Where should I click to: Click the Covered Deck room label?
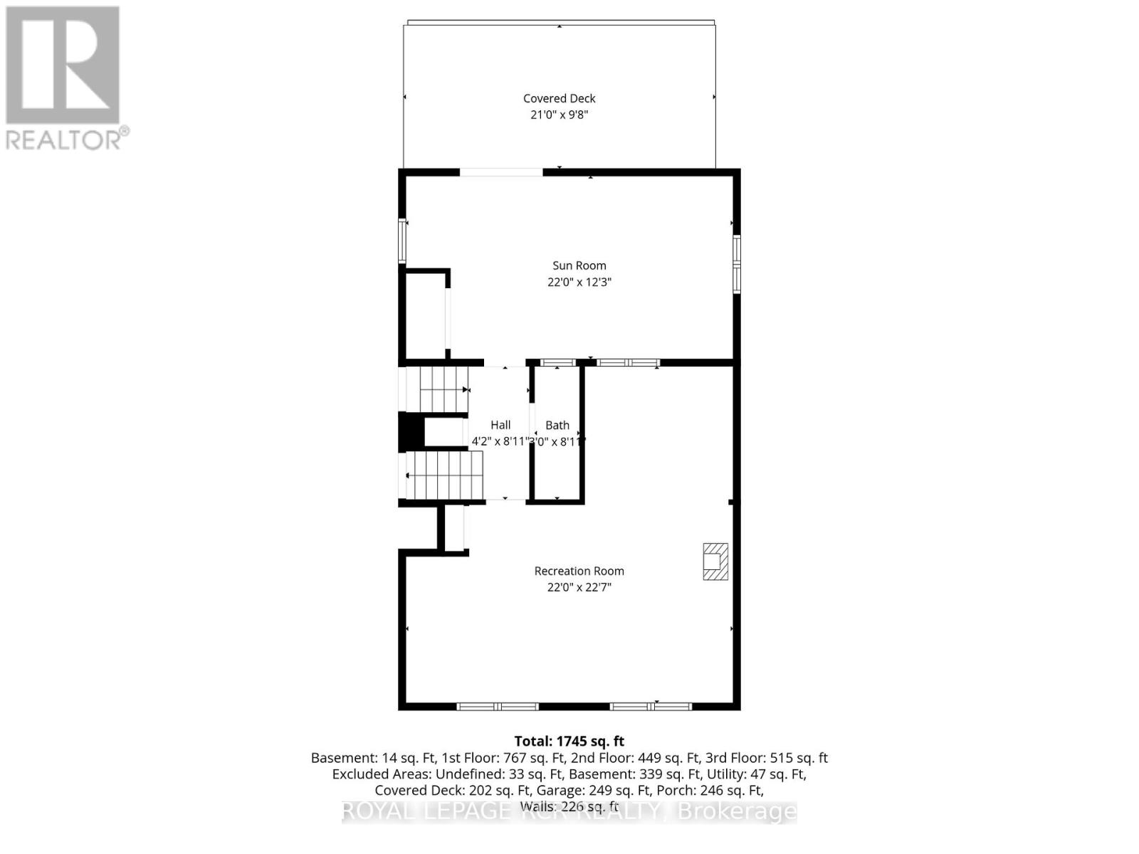coord(559,99)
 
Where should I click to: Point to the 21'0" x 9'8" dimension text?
coord(559,115)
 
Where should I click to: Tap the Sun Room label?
coord(579,266)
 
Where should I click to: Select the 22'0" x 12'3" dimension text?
coord(579,282)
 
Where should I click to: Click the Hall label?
coord(500,426)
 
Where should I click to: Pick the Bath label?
coord(557,426)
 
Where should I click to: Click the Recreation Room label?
coord(579,571)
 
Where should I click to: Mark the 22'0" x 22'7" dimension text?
coord(579,587)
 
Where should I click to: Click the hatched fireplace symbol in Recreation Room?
coord(715,562)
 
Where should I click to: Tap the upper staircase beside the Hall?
coord(441,389)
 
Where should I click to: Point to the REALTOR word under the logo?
coord(64,139)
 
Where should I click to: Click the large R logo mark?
coord(63,65)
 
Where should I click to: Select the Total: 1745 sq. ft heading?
coord(569,742)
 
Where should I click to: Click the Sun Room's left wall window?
coord(403,241)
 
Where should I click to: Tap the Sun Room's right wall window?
coord(737,264)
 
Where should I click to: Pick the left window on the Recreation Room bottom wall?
coord(498,707)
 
